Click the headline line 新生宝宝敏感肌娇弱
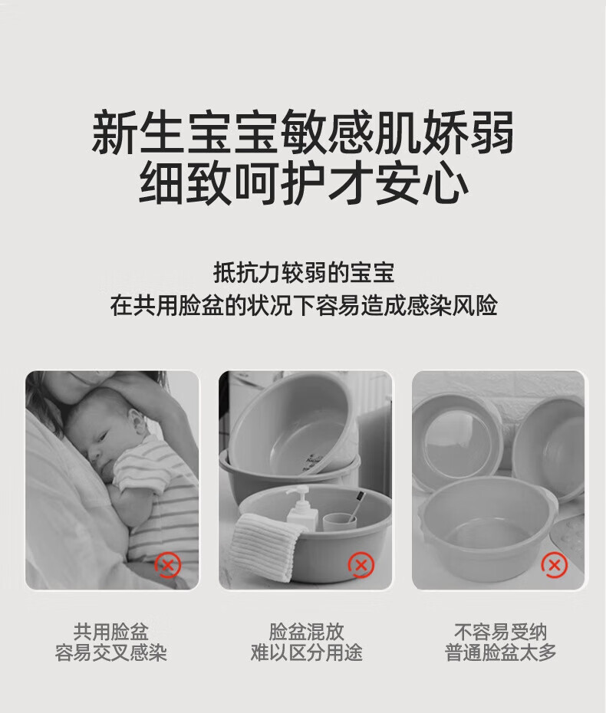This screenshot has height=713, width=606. tap(303, 132)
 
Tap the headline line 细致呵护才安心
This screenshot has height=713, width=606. tap(303, 182)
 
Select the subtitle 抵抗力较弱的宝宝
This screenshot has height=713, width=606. tap(304, 273)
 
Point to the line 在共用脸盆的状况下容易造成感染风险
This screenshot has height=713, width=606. tap(304, 305)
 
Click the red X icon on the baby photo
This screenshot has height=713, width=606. tap(168, 565)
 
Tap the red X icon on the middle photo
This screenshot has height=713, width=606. tap(361, 565)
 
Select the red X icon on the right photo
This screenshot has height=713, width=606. tap(554, 565)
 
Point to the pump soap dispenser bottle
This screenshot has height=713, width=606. tap(302, 509)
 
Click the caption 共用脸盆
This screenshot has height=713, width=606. tap(111, 632)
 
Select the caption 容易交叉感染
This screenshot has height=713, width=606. tap(111, 652)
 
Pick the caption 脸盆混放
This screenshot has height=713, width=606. tap(306, 632)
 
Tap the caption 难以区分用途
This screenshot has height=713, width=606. tap(306, 652)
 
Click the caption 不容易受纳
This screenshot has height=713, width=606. tap(500, 632)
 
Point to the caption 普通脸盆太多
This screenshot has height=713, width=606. tap(500, 652)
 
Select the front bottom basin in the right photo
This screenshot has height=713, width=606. tap(486, 531)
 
